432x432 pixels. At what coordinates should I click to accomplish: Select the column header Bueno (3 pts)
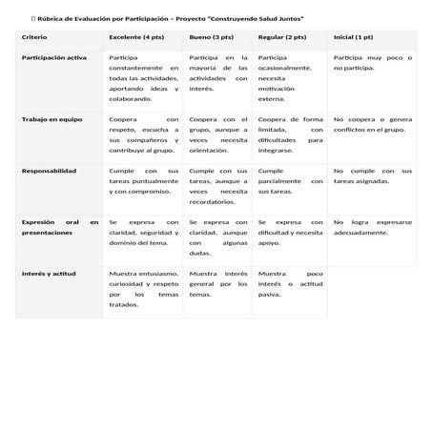click(x=211, y=37)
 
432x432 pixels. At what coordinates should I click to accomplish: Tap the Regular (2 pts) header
click(x=282, y=37)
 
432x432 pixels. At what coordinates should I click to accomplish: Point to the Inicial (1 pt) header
click(x=353, y=37)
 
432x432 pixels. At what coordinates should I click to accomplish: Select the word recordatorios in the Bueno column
click(x=212, y=202)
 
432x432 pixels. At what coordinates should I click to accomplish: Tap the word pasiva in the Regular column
click(x=270, y=295)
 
